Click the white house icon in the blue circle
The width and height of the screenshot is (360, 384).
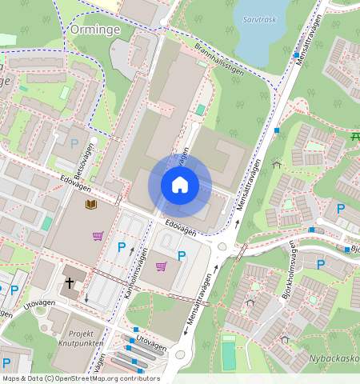(180, 186)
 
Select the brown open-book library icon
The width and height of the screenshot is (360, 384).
(90, 206)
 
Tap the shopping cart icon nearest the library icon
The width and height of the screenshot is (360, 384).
(98, 236)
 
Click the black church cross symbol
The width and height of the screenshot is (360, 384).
(70, 282)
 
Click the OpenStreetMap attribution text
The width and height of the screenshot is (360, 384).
(81, 378)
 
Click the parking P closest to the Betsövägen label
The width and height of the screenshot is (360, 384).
(74, 144)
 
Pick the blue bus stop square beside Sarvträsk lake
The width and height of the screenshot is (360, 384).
(296, 55)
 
